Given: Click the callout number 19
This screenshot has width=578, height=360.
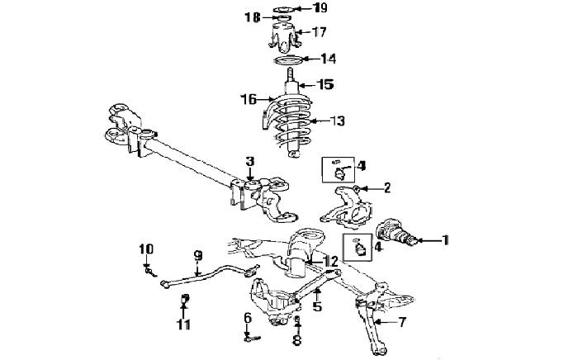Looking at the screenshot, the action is [320, 7].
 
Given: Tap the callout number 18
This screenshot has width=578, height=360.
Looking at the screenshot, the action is [253, 17].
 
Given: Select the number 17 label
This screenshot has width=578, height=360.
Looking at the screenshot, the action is [319, 32].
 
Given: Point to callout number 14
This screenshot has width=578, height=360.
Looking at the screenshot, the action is [329, 59].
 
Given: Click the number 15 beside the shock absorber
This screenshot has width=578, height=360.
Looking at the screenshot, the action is [326, 85].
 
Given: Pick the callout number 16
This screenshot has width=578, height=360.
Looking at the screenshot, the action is [249, 99].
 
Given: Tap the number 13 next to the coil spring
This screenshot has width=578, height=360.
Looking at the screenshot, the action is [337, 121].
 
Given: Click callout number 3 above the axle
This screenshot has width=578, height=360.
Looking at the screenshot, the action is [250, 161].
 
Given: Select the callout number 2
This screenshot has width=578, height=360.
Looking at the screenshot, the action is [386, 188].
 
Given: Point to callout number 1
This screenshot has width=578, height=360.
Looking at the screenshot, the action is [446, 240].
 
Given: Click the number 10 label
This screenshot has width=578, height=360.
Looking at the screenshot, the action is [146, 249].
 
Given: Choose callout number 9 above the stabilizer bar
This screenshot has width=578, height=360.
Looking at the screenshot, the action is [198, 254].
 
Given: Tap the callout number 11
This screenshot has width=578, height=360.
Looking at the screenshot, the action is [183, 324].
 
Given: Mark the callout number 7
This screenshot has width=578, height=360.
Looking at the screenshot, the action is [401, 322].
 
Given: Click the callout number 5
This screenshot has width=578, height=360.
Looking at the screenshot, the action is [317, 306].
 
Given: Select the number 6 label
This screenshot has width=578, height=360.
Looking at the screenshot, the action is [248, 317].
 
